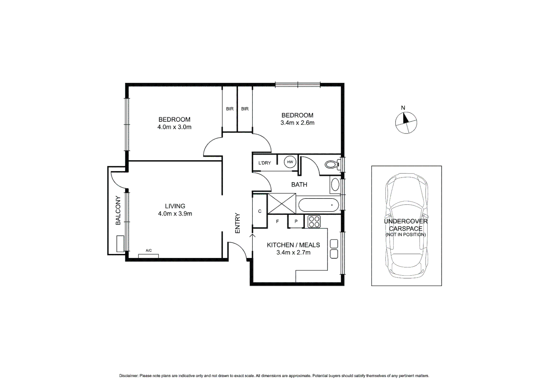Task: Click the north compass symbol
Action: (406, 123)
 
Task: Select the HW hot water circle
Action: (290, 162)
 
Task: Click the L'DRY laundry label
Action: (265, 163)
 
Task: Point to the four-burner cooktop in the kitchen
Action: (314, 221)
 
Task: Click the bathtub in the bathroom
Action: (318, 205)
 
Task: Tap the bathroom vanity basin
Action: (335, 185)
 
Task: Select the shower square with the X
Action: (282, 204)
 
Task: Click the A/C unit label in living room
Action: (148, 250)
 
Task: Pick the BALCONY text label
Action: (118, 210)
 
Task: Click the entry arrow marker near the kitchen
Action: (252, 235)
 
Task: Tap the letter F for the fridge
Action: (277, 221)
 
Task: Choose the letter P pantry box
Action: (296, 221)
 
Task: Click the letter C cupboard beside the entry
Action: (260, 211)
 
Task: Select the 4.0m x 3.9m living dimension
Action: (175, 214)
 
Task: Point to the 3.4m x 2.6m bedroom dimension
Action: (297, 123)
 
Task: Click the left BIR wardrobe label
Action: (230, 109)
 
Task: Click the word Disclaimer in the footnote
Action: (128, 376)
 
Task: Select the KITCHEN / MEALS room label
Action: (293, 245)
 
